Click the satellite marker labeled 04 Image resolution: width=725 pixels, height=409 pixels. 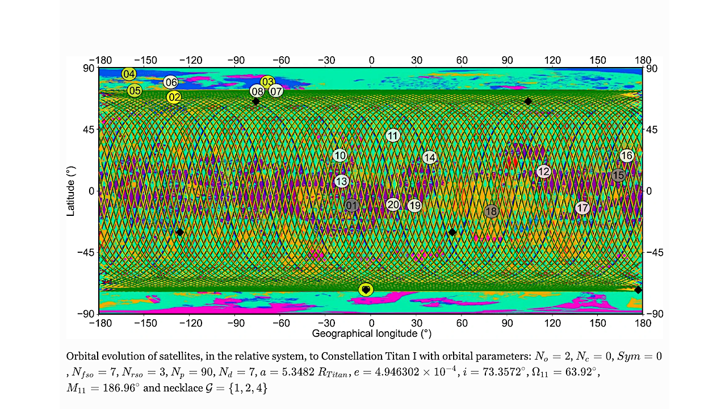(129, 74)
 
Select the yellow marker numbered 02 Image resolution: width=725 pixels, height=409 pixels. (174, 97)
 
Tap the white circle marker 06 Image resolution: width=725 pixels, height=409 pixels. (171, 82)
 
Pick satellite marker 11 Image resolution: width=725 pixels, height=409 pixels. (392, 136)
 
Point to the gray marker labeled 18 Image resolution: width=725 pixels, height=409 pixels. (491, 211)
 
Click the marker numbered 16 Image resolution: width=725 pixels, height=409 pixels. (626, 156)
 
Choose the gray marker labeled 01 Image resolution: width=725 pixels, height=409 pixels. (352, 205)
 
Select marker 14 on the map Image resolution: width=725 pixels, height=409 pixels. (429, 157)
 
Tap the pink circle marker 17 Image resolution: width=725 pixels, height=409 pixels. (582, 208)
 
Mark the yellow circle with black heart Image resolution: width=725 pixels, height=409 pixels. (366, 290)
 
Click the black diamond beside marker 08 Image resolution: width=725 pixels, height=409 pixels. (256, 101)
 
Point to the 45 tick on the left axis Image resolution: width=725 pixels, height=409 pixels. (89, 130)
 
